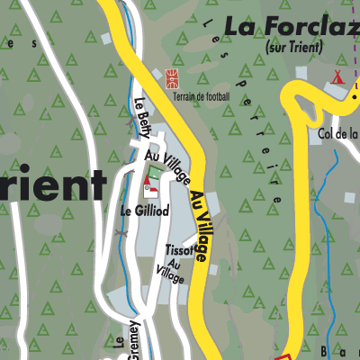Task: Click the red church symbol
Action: (x=148, y=187)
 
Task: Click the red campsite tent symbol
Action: (x=339, y=76)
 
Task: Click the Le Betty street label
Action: (x=141, y=118)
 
